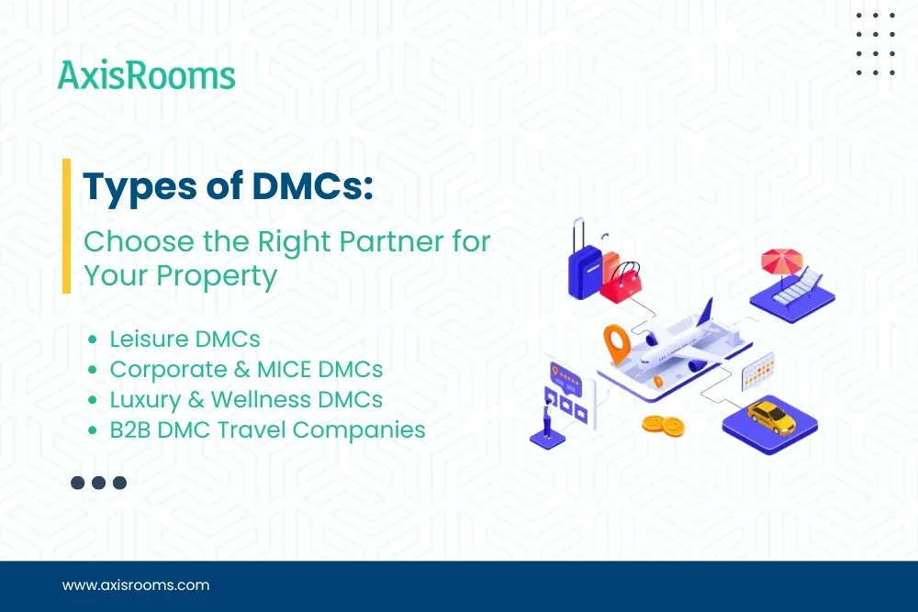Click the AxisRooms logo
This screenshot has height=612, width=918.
coord(146,75)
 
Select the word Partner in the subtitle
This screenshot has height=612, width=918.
coord(385,241)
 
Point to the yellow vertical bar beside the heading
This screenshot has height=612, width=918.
coord(67,226)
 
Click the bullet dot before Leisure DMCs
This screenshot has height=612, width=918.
coord(93,339)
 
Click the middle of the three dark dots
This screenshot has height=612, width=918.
coord(98,483)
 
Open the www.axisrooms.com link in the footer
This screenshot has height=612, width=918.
coord(136,584)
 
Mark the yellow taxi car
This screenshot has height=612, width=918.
coord(770,414)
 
